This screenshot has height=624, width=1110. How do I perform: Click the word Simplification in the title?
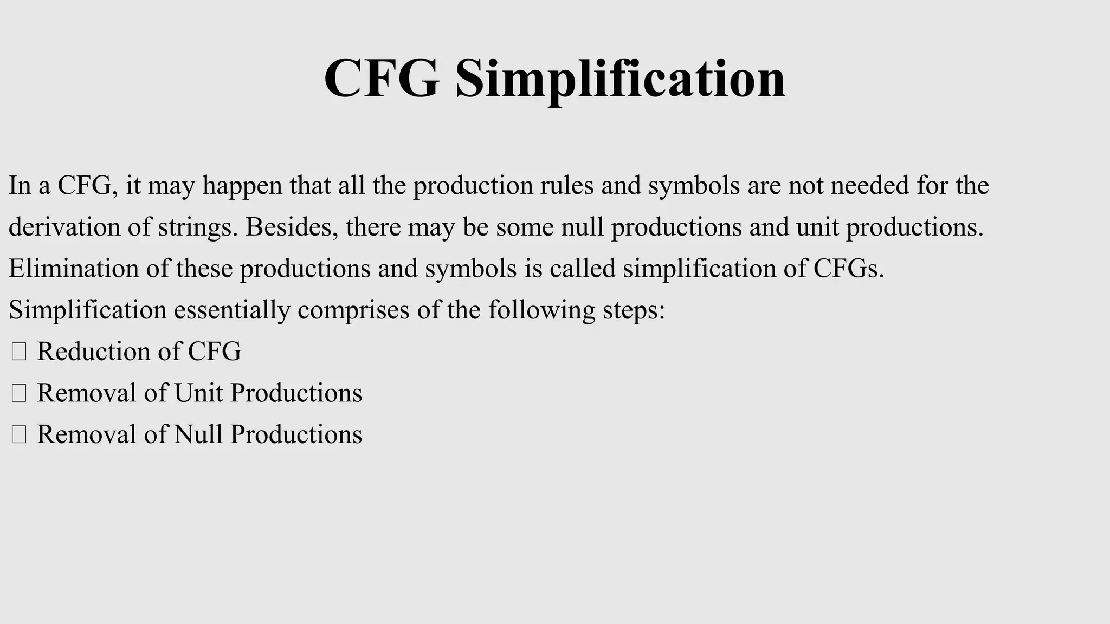620,79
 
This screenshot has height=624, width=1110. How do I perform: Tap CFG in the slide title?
382,79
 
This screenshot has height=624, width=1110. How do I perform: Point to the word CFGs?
848,268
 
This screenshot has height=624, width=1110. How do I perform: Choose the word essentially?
232,310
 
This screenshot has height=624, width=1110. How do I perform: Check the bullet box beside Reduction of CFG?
19,352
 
